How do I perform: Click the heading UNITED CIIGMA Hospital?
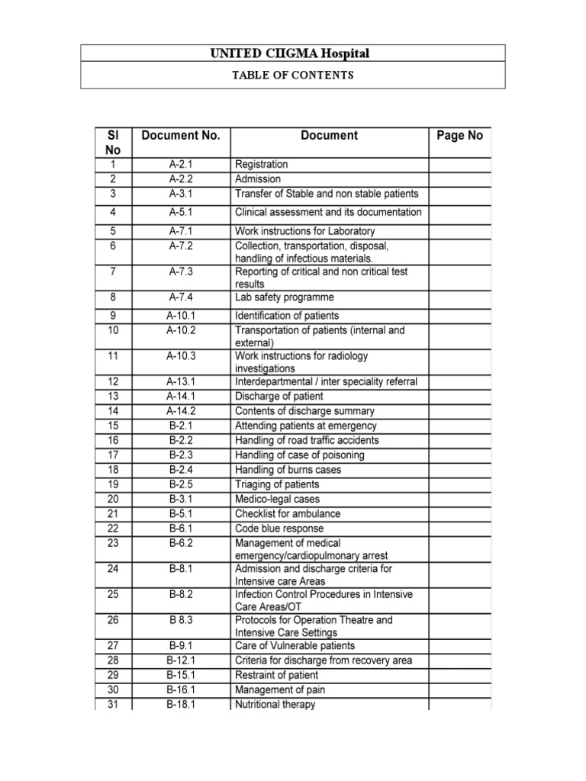tap(293, 53)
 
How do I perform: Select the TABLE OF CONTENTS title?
tap(293, 76)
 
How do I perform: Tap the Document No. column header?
tap(181, 136)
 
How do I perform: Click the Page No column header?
tap(459, 136)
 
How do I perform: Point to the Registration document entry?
tap(262, 165)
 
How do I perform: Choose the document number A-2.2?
tap(181, 179)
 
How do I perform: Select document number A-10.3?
tap(181, 355)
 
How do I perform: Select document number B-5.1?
tap(181, 514)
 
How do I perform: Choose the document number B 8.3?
tap(181, 620)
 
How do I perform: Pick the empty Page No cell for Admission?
tap(459, 179)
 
